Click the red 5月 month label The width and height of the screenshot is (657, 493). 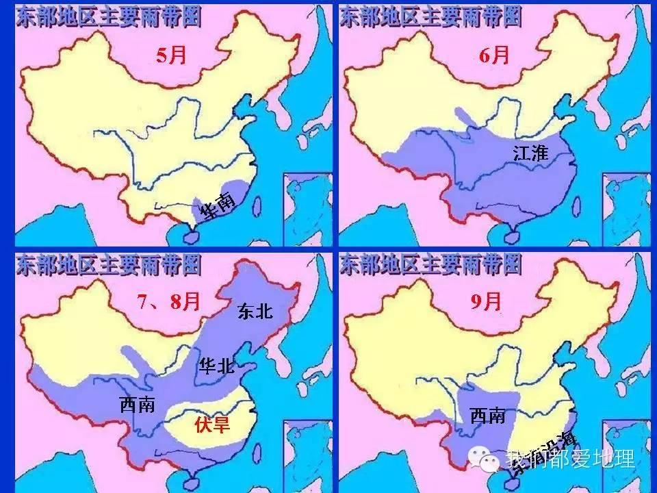(x=171, y=55)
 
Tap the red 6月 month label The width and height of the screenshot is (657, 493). (x=494, y=55)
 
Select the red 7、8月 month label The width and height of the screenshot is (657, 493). (x=168, y=301)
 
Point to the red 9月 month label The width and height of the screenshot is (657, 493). (x=486, y=301)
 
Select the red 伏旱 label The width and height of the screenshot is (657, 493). (x=212, y=425)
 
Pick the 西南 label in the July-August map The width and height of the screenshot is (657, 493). (x=137, y=405)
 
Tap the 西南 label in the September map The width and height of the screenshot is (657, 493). (x=487, y=414)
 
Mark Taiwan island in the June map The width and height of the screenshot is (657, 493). (x=576, y=203)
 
